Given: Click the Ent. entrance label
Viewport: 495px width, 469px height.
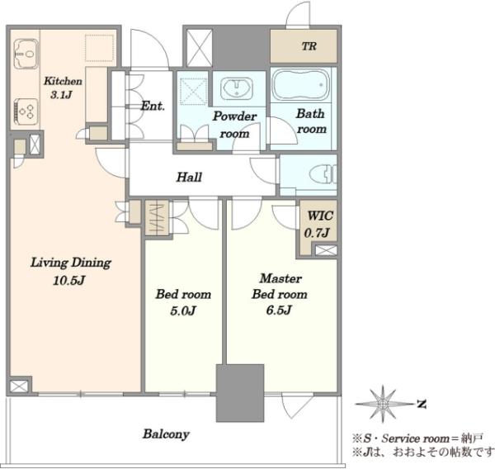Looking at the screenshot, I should (x=152, y=106).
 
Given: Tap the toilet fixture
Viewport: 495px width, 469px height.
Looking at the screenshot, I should (x=318, y=174).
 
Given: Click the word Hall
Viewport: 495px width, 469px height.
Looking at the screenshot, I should (x=190, y=177).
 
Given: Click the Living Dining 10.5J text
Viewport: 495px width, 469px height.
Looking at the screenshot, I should (x=70, y=271).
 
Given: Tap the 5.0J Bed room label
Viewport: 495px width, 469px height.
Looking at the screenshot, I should (x=183, y=302).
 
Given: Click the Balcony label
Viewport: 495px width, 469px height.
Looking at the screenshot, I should (x=166, y=433).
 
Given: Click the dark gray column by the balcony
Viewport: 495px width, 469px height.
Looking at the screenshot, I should (x=239, y=392).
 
